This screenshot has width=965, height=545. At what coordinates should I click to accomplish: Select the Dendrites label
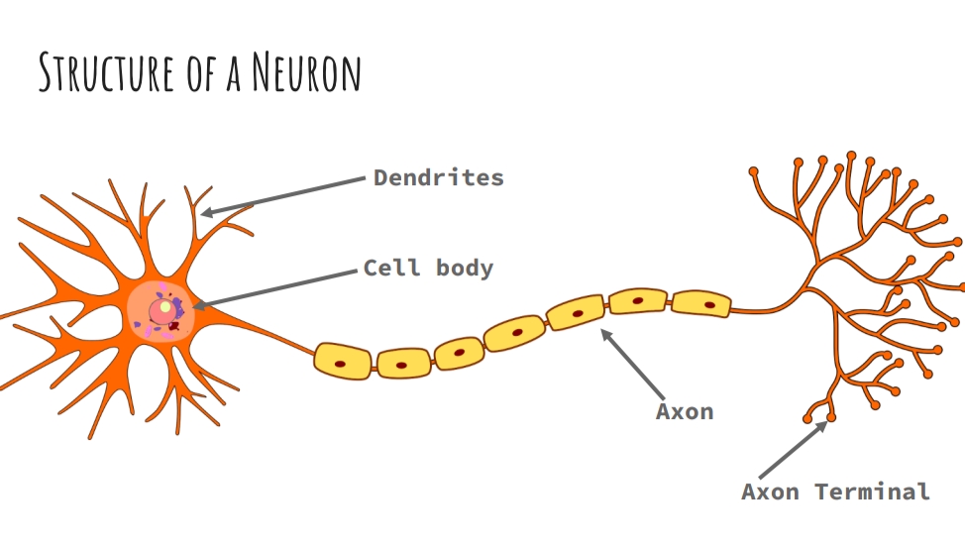(439, 178)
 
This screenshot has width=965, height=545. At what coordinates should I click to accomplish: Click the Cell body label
(428, 268)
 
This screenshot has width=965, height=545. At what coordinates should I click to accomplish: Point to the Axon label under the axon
(685, 410)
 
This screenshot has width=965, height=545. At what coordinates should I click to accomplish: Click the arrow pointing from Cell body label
(277, 287)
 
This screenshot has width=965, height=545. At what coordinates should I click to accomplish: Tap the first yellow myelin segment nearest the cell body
(342, 361)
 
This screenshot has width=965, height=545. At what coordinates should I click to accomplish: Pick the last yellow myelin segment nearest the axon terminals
(700, 302)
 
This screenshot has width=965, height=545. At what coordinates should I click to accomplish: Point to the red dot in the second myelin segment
(400, 365)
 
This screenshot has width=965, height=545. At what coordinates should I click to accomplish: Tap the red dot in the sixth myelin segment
(638, 299)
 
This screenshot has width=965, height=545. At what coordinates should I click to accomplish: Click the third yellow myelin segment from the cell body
(460, 352)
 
